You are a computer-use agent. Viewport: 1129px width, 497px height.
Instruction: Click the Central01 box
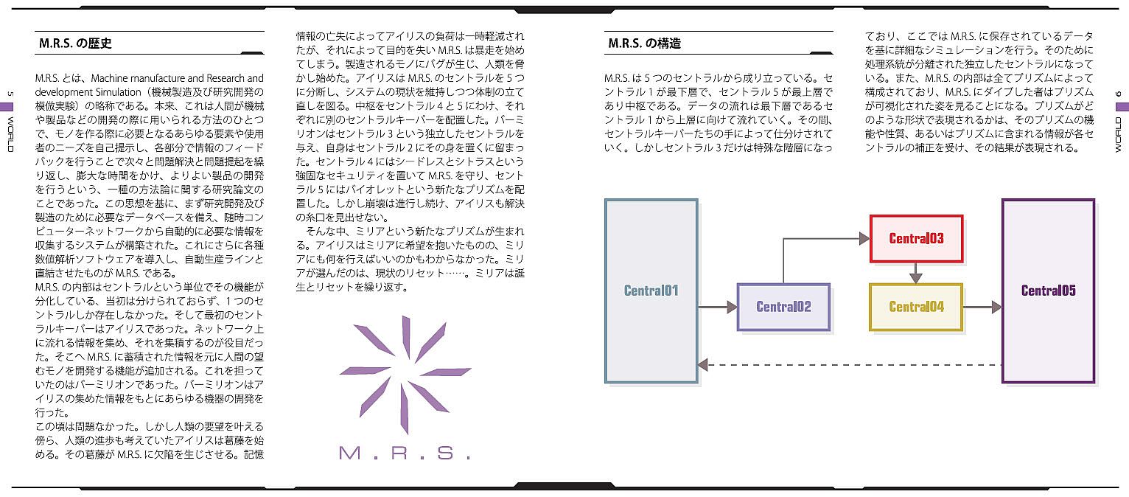[651, 291]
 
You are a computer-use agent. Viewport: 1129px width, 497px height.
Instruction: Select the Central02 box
[783, 307]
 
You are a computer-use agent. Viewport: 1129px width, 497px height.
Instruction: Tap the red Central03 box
[916, 238]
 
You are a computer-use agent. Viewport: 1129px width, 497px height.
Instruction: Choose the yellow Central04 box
[916, 307]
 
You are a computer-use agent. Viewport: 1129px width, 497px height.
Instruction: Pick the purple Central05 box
[1048, 291]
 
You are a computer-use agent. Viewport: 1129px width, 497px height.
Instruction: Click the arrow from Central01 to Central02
[717, 307]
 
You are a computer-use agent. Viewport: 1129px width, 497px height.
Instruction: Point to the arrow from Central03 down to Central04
[916, 272]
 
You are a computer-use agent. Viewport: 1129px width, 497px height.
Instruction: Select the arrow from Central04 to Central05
[982, 307]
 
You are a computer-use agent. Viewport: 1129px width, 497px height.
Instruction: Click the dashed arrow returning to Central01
[847, 364]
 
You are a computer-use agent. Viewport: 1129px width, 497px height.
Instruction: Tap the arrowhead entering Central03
[864, 238]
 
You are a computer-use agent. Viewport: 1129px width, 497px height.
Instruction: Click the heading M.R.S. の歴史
[75, 44]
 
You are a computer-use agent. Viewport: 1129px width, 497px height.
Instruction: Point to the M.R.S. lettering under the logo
[405, 452]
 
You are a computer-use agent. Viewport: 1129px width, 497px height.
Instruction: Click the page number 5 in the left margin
[10, 94]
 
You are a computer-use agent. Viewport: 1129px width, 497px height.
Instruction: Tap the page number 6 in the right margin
[1118, 94]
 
